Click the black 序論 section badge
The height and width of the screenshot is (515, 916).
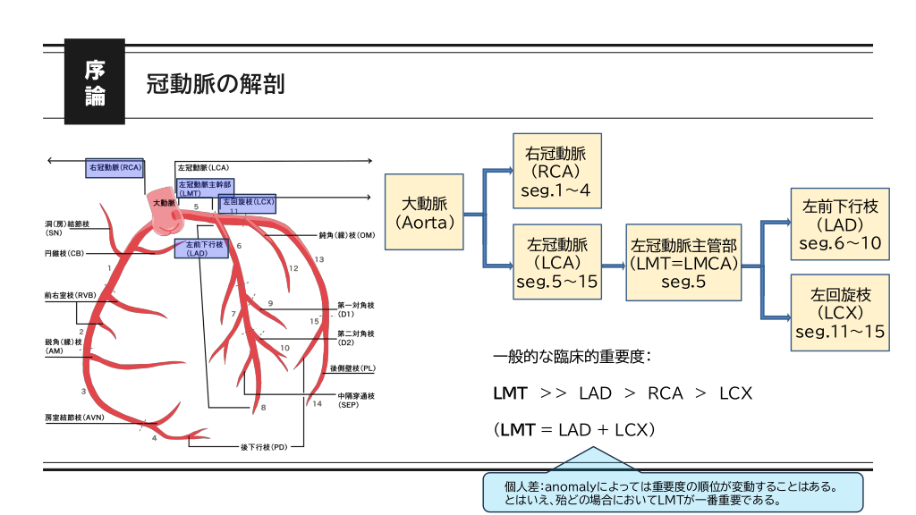coord(95,82)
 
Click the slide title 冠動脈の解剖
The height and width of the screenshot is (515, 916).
coord(215,85)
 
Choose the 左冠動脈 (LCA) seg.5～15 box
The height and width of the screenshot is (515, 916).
coord(556,263)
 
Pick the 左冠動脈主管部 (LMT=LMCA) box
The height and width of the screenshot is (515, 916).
coord(683,263)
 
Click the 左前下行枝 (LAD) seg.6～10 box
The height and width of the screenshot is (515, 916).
coord(840,224)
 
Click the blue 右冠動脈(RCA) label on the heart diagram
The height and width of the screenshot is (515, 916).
coord(115,167)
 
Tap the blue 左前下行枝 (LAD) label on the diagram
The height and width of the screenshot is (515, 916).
coord(200,248)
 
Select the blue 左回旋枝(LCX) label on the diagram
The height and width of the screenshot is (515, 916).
coord(248,203)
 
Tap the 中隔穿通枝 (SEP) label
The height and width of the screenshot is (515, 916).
coord(355,400)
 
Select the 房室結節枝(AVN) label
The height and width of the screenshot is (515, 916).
coord(75,417)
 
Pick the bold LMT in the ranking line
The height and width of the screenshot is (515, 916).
coord(510,393)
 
